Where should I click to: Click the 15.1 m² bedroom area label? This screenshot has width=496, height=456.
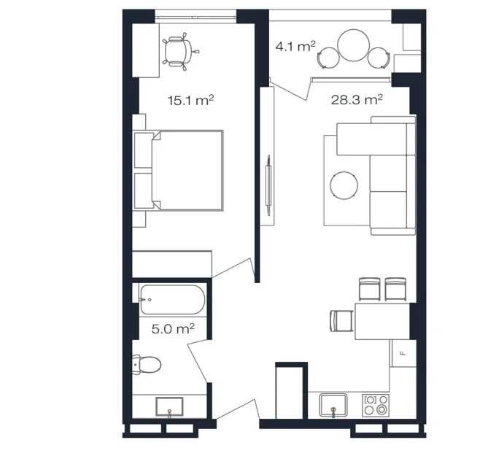point(190,100)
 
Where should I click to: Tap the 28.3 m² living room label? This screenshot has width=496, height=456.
point(357,99)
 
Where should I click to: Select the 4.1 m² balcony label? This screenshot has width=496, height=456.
point(295,46)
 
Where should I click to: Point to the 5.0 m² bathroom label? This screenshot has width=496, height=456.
point(173,329)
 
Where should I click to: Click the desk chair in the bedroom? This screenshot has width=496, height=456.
point(179,51)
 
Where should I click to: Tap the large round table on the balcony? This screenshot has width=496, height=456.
point(354,45)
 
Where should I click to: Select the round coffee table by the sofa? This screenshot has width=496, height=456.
point(344,185)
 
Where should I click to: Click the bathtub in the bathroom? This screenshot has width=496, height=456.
point(172,300)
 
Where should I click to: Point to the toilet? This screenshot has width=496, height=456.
point(146,365)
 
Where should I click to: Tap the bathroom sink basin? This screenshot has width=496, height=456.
point(169,407)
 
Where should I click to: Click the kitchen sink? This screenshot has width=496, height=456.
point(333,405)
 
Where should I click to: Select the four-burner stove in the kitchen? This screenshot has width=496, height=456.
point(376,405)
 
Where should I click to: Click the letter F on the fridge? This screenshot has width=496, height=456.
point(403,353)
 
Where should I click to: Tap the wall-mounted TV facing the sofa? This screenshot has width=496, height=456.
point(268,185)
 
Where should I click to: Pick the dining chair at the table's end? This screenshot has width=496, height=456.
point(341,321)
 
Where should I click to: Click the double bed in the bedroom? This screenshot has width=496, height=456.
point(179,170)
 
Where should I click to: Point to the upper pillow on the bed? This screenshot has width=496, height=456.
point(144,150)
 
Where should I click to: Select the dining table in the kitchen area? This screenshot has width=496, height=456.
point(382,321)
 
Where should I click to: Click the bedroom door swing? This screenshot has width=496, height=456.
point(233,270)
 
